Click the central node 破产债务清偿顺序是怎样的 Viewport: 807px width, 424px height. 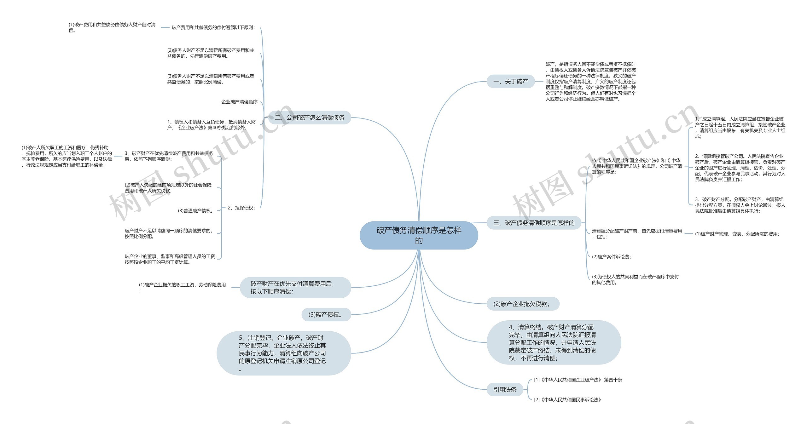pos(419,235)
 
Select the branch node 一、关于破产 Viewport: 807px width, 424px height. pos(511,82)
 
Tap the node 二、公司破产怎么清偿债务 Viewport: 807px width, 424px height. pos(310,117)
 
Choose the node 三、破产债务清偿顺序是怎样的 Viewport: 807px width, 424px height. pos(534,223)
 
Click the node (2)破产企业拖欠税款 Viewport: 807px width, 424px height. pos(523,304)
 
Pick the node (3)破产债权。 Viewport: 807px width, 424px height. pos(326,314)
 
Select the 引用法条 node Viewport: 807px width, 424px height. pos(505,390)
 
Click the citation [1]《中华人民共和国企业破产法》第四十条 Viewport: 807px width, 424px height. pos(578,380)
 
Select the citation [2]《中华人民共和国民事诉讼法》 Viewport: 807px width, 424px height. pos(568,400)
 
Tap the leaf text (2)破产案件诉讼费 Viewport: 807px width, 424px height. pos(612,257)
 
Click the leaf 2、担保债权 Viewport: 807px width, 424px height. pos(241,208)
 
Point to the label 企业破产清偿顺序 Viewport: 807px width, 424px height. pos(240,102)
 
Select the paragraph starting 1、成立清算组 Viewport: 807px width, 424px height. pos(740,128)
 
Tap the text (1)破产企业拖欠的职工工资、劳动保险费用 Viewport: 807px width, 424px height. pos(183,288)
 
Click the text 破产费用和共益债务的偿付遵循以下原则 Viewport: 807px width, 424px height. pos(213,27)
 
